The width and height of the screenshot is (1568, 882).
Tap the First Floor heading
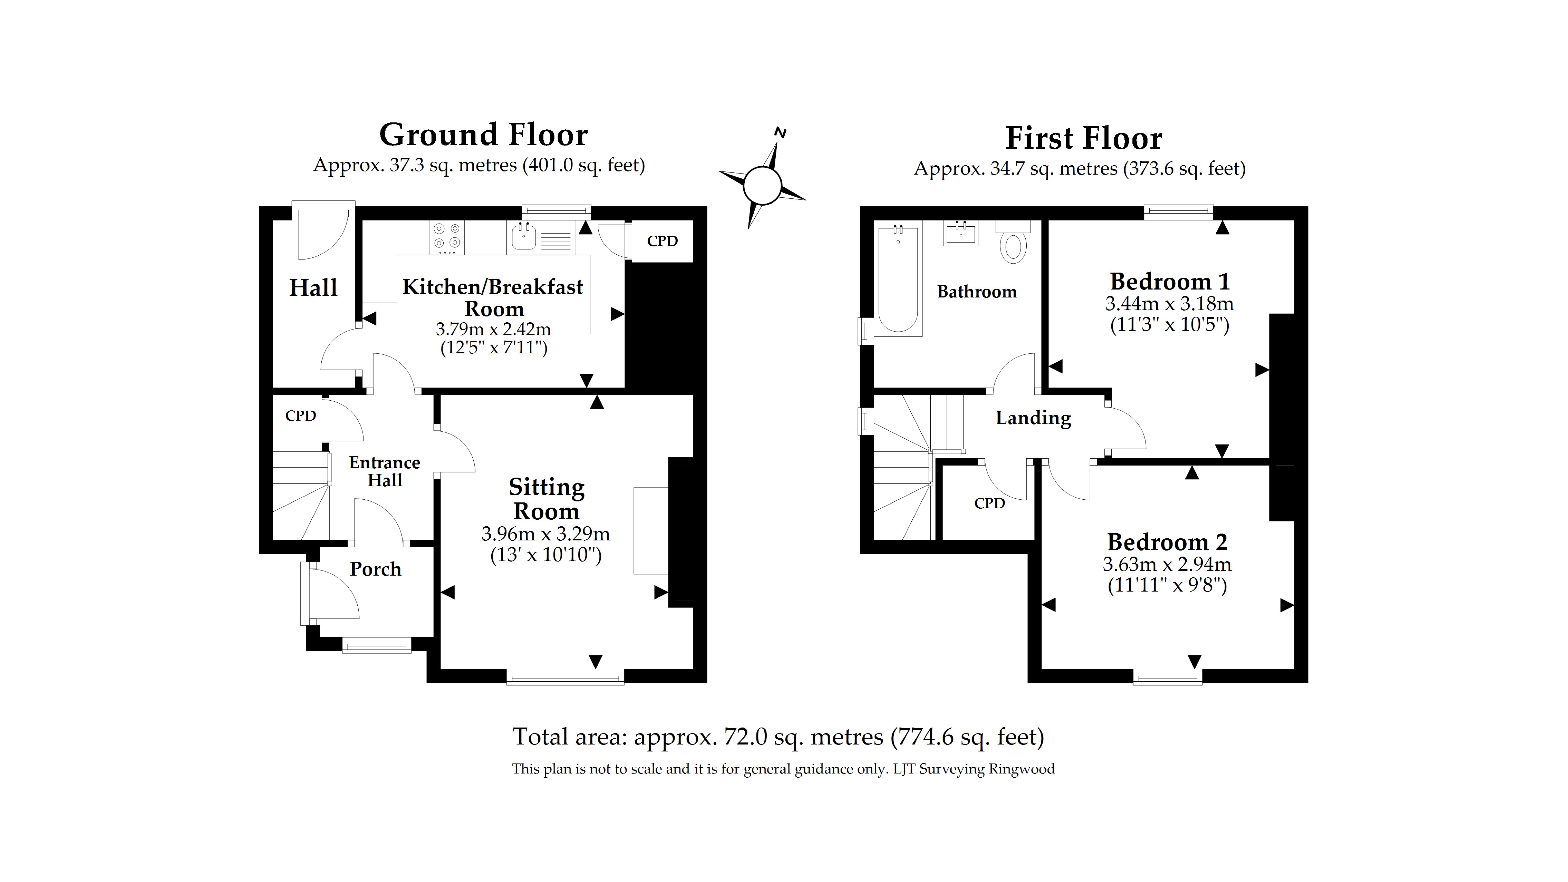click(x=1084, y=138)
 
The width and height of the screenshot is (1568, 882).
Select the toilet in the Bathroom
click(x=1013, y=244)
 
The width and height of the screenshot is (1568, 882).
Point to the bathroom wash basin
click(x=961, y=233)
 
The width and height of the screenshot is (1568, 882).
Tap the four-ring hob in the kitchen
click(x=447, y=237)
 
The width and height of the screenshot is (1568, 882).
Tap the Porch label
click(x=376, y=569)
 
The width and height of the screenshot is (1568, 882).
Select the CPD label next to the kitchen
click(x=662, y=241)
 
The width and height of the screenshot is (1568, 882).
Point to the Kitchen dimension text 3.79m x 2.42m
click(x=493, y=329)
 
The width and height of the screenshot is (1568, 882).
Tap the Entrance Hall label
click(x=385, y=471)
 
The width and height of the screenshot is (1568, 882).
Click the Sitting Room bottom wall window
click(x=565, y=677)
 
